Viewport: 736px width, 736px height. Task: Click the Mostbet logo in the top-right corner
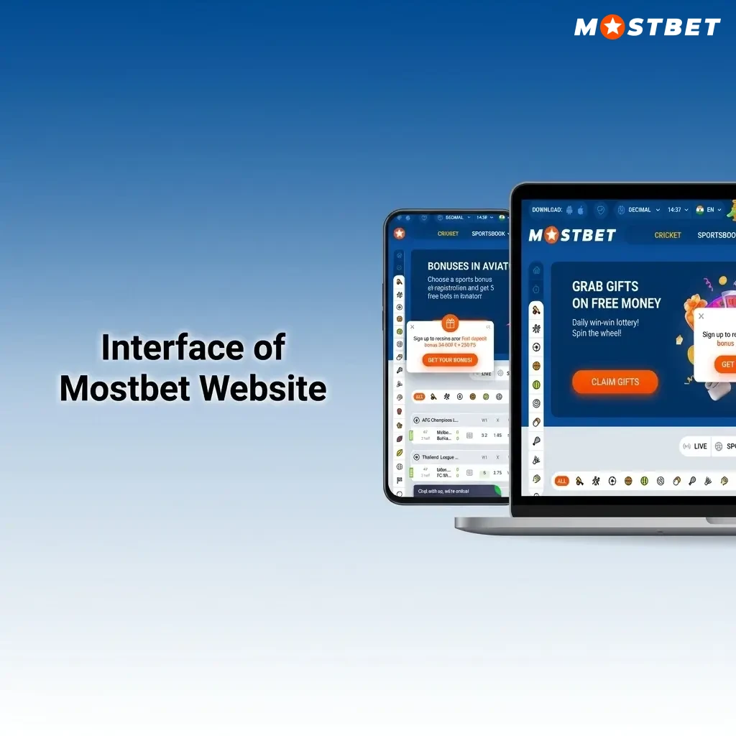click(x=647, y=27)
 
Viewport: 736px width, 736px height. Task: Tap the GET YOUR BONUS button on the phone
click(x=450, y=360)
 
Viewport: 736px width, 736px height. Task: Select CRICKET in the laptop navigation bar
click(x=668, y=235)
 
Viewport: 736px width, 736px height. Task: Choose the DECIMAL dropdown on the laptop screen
click(x=638, y=210)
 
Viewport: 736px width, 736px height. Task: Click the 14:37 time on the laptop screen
click(x=674, y=210)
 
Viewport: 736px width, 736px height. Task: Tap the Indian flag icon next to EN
click(x=700, y=210)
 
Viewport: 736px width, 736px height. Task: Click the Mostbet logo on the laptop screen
click(x=572, y=235)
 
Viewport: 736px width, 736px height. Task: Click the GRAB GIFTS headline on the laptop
click(x=605, y=286)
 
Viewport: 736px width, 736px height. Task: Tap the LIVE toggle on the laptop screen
click(x=696, y=446)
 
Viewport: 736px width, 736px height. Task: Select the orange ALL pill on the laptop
click(x=562, y=481)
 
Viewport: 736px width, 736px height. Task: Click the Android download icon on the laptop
click(x=570, y=210)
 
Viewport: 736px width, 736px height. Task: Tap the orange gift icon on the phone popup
click(x=450, y=323)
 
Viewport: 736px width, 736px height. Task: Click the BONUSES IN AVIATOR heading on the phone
click(x=468, y=266)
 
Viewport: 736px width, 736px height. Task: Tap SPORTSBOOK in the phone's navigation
click(x=489, y=234)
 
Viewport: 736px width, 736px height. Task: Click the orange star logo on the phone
click(x=400, y=234)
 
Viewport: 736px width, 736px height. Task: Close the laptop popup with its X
click(x=701, y=316)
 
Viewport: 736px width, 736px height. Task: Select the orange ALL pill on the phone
click(x=419, y=396)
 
